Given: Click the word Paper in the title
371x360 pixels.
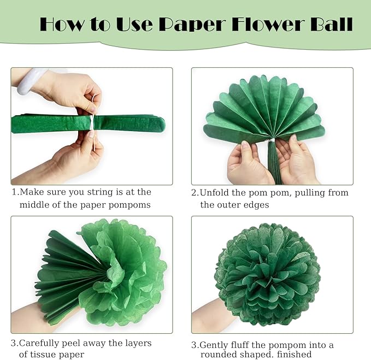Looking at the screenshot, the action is (192, 25).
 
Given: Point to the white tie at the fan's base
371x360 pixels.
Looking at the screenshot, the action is (271, 141).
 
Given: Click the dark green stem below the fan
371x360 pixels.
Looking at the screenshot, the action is (274, 163).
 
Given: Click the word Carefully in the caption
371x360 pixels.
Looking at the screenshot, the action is (39, 343).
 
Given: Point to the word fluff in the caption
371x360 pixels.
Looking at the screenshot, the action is (240, 345).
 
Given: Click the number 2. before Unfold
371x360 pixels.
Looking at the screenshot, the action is (195, 193).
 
